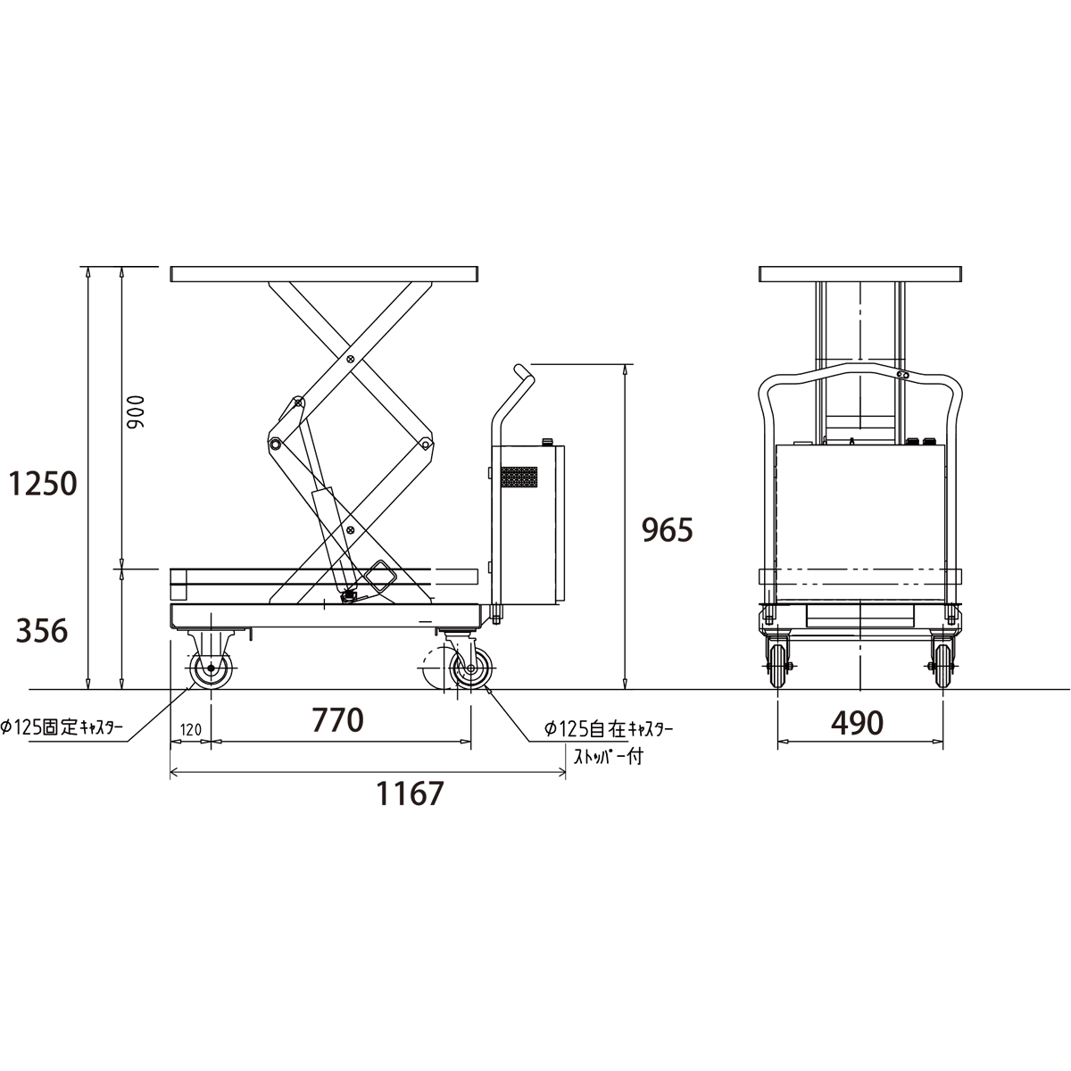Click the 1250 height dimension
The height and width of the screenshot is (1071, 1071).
[43, 484]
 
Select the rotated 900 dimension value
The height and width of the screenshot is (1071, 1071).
[135, 411]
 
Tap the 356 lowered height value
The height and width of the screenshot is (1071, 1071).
[42, 631]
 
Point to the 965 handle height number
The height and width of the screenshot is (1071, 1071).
[668, 529]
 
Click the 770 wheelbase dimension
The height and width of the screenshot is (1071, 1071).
[338, 719]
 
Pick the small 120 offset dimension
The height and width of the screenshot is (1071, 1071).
[191, 730]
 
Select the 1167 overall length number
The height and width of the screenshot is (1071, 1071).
[411, 793]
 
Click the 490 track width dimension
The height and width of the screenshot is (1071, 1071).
[857, 723]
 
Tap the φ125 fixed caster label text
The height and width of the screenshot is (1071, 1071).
[62, 727]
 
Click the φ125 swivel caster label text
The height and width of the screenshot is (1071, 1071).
[608, 728]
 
